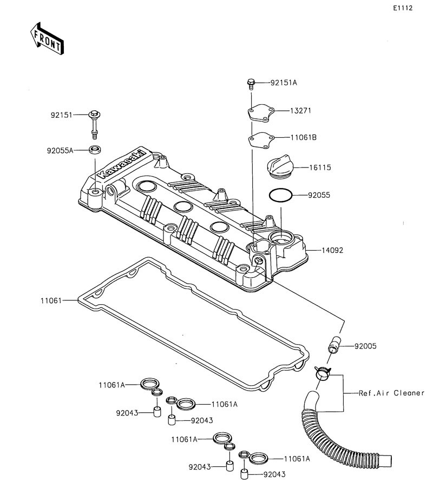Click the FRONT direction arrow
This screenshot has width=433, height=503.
pyautogui.click(x=45, y=39)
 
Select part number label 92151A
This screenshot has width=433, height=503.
pyautogui.click(x=284, y=83)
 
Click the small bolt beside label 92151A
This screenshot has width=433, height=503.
pyautogui.click(x=251, y=83)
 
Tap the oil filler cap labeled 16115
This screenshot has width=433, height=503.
pyautogui.click(x=279, y=167)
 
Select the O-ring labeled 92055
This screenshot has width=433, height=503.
pyautogui.click(x=280, y=195)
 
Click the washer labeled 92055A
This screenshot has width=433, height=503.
pyautogui.click(x=96, y=150)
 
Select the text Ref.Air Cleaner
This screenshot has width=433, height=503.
pyautogui.click(x=392, y=393)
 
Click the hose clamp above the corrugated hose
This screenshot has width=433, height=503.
pyautogui.click(x=323, y=372)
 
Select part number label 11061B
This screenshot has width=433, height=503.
pyautogui.click(x=303, y=138)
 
